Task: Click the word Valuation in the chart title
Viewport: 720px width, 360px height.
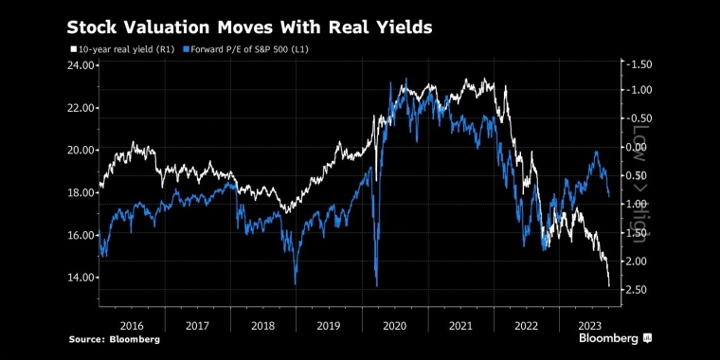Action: [x=150, y=27]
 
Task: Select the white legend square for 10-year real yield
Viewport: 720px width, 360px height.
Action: [x=72, y=49]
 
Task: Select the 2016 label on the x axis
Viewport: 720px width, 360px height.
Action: [x=132, y=326]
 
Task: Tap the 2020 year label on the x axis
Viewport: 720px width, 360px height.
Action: [x=395, y=326]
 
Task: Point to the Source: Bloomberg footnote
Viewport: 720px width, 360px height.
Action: [x=115, y=340]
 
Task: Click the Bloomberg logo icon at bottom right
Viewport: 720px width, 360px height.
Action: [x=647, y=338]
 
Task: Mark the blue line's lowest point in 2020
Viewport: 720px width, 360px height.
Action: [x=377, y=286]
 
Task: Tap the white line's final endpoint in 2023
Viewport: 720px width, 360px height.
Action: [x=609, y=286]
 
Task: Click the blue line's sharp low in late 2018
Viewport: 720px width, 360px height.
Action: [x=295, y=284]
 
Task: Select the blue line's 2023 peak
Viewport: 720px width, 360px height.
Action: [x=597, y=152]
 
